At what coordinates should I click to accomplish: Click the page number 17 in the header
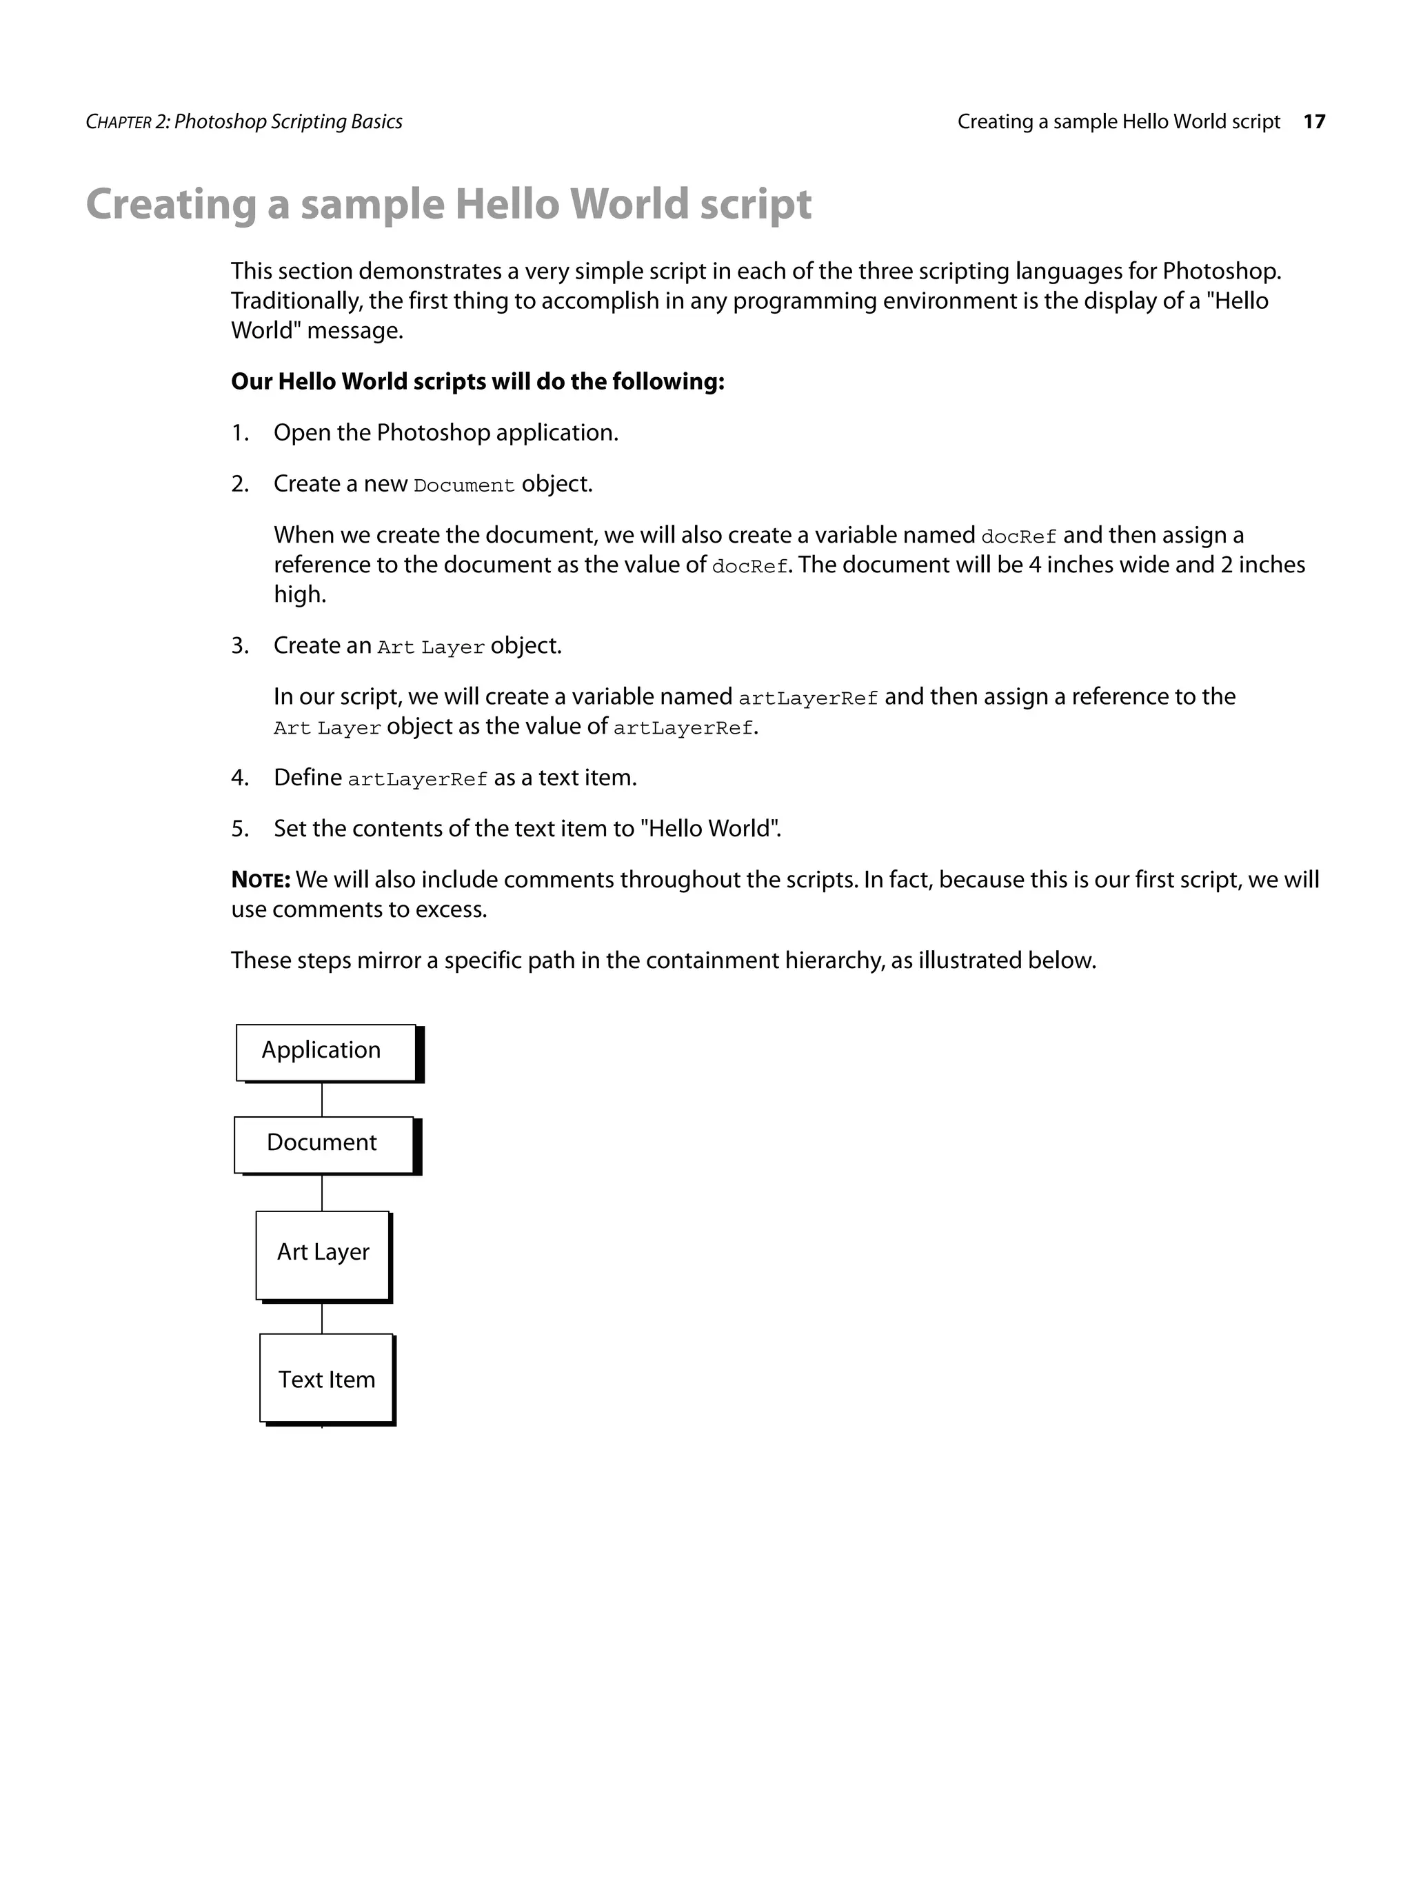click(x=1314, y=122)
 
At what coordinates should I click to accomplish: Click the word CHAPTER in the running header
click(x=119, y=123)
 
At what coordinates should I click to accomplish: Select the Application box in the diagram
click(x=325, y=1051)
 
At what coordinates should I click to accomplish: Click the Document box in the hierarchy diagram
click(x=323, y=1143)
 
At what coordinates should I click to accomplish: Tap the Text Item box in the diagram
click(x=326, y=1380)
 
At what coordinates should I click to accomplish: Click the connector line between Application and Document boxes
click(x=322, y=1099)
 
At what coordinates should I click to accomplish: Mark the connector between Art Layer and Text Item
click(x=322, y=1318)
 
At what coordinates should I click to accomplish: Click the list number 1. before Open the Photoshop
click(x=240, y=433)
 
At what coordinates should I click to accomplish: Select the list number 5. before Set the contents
click(x=240, y=829)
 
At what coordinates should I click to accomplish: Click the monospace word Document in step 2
click(x=464, y=486)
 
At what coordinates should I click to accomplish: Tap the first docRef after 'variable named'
click(x=1018, y=537)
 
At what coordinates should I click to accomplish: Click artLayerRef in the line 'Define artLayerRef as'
click(x=417, y=780)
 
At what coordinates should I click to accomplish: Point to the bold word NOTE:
click(x=261, y=880)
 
